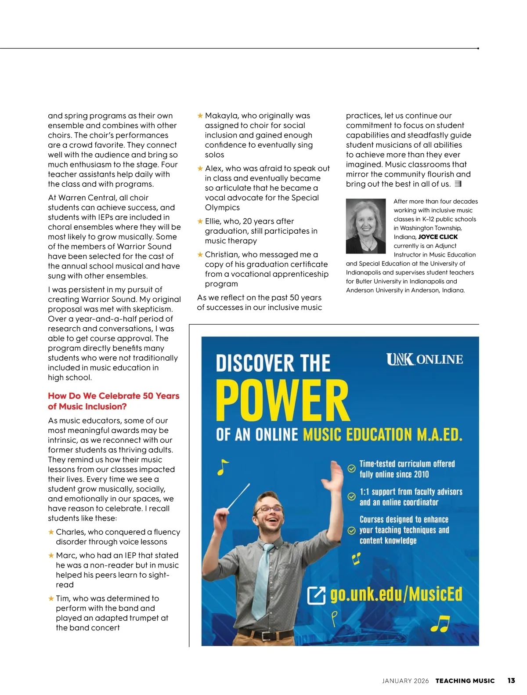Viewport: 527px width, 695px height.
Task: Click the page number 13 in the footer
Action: coord(511,681)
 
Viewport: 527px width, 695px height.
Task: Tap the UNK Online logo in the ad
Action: coord(424,359)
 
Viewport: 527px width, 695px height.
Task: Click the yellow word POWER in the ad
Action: coord(282,401)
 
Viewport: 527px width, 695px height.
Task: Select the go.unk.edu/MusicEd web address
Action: coord(396,594)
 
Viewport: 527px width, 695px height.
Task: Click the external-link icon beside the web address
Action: coord(316,595)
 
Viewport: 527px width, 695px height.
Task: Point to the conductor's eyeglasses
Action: coord(269,510)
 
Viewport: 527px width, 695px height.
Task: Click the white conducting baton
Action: coord(238,497)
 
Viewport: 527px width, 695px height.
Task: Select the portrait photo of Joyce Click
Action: coord(365,226)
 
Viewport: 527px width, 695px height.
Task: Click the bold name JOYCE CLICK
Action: coord(438,237)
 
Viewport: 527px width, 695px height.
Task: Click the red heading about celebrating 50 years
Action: coord(113,401)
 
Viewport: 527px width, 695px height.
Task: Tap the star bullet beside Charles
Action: coord(51,532)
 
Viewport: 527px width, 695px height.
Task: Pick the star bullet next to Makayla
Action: coord(200,116)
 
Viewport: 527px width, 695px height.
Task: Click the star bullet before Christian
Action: coord(200,255)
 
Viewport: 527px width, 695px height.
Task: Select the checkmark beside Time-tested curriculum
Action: coord(351,468)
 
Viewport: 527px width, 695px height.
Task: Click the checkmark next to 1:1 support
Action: coord(351,496)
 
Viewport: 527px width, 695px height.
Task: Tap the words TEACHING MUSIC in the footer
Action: coord(465,681)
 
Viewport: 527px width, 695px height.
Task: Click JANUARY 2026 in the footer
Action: coord(405,681)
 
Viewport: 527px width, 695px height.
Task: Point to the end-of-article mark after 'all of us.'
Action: coord(458,184)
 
